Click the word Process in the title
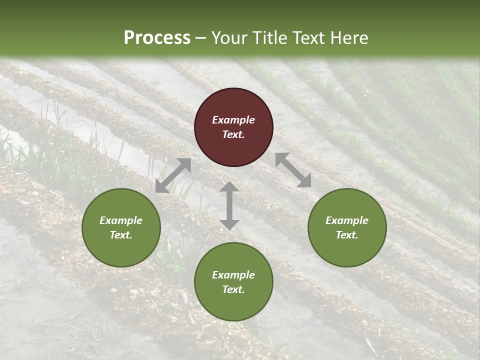pyautogui.click(x=157, y=38)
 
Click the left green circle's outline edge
pyautogui.click(x=82, y=227)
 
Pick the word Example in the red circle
pyautogui.click(x=233, y=120)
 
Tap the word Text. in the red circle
pyautogui.click(x=233, y=134)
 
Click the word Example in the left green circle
pyautogui.click(x=121, y=220)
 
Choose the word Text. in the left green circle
pyautogui.click(x=121, y=235)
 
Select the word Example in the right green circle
pyautogui.click(x=347, y=220)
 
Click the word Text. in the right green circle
pyautogui.click(x=347, y=235)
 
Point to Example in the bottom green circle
pyautogui.click(x=233, y=275)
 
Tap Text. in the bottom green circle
pyautogui.click(x=233, y=289)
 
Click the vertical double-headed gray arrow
pyautogui.click(x=229, y=205)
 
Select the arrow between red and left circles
pyautogui.click(x=173, y=175)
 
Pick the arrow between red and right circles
pyautogui.click(x=293, y=170)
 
